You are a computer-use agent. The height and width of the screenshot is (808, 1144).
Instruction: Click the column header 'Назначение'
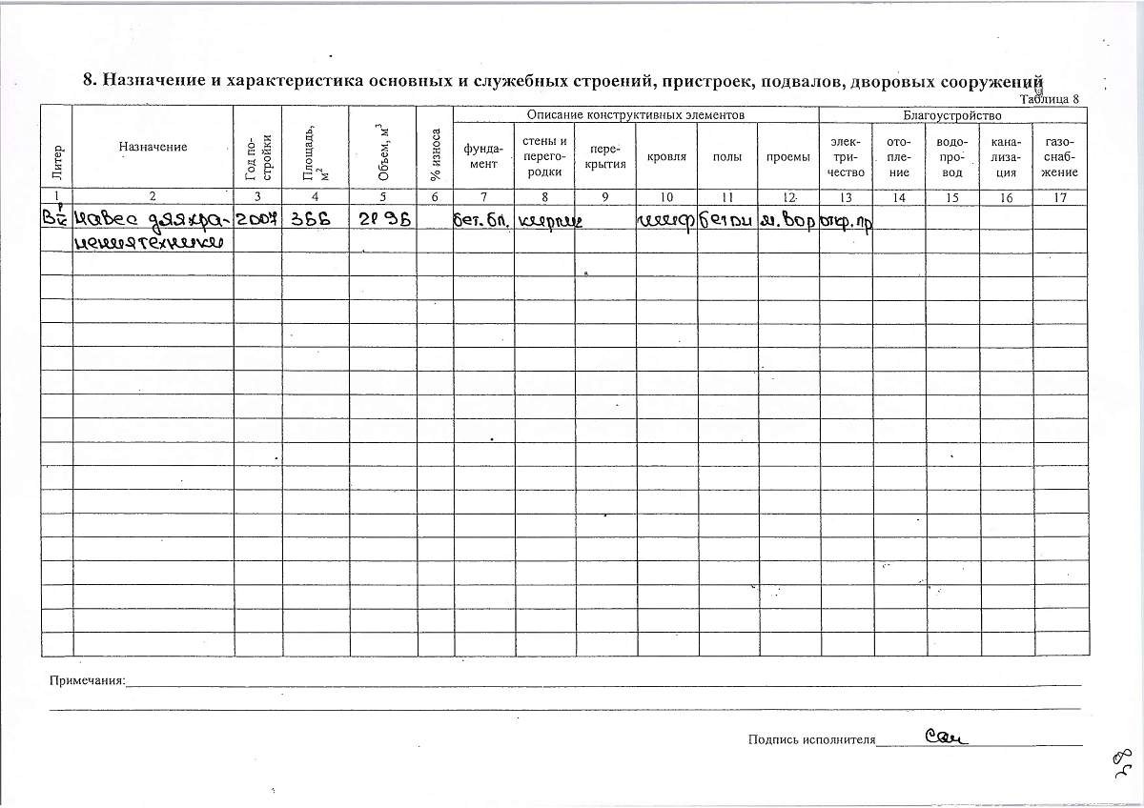(x=153, y=147)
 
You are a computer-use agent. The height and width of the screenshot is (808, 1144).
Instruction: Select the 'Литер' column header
(x=57, y=153)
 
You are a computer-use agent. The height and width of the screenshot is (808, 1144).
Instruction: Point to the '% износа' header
(x=435, y=154)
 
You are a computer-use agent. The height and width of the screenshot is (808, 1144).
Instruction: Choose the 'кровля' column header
(x=666, y=156)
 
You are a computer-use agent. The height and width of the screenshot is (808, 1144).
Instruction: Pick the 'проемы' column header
(x=787, y=156)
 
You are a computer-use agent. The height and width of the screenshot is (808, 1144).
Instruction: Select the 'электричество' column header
(x=847, y=156)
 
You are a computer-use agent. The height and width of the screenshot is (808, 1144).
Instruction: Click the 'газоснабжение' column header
(x=1060, y=156)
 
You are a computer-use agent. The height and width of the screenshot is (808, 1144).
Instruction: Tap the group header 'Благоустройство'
(x=951, y=114)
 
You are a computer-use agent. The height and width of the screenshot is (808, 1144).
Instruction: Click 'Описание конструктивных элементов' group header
(x=635, y=114)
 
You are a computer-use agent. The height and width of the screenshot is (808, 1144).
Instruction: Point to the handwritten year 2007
(x=257, y=220)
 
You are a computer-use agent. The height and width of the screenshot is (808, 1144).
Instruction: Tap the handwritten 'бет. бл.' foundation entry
(x=482, y=221)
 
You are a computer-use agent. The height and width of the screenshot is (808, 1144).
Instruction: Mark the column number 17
(x=1060, y=197)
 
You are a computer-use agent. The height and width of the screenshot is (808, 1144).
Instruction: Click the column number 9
(x=605, y=197)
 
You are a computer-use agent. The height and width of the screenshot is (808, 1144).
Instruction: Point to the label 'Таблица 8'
(x=1049, y=98)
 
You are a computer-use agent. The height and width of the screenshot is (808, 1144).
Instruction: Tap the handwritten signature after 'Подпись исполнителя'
(x=946, y=736)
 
